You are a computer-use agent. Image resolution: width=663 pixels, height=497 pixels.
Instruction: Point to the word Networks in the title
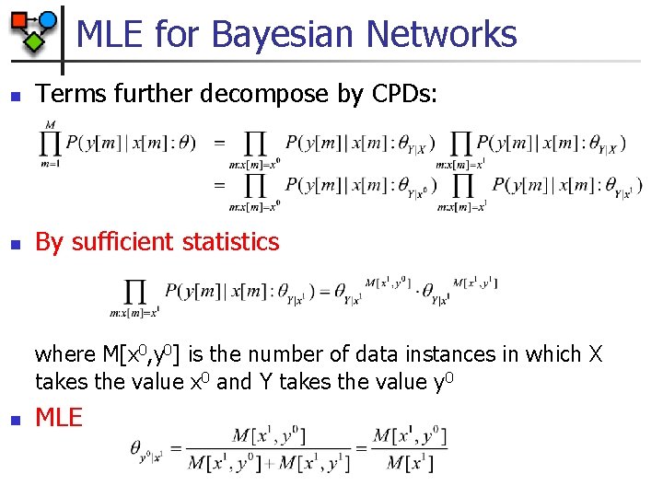click(441, 34)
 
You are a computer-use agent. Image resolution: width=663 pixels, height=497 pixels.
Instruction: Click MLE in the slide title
click(110, 34)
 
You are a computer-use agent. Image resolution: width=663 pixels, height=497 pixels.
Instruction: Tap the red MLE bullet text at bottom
click(59, 418)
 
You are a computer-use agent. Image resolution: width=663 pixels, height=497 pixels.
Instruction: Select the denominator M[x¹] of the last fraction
click(410, 463)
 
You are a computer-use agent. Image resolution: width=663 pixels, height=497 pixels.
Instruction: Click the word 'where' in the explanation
click(64, 354)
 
